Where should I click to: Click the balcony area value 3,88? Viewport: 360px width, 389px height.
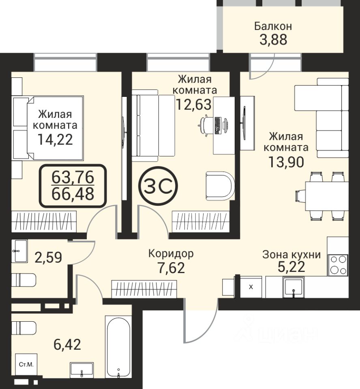(x=273, y=39)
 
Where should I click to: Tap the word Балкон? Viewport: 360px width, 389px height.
(x=273, y=26)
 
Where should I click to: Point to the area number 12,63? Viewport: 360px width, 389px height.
(x=194, y=104)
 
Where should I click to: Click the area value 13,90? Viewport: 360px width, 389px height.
(x=286, y=162)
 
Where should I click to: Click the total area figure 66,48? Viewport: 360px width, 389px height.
(x=73, y=194)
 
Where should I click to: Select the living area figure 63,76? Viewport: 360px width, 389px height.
(x=73, y=177)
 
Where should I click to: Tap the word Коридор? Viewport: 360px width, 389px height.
(x=171, y=254)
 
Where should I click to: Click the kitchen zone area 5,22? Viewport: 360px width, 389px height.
(x=291, y=267)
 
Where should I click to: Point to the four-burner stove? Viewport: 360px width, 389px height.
(x=338, y=265)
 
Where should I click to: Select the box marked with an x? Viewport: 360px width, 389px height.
(x=251, y=287)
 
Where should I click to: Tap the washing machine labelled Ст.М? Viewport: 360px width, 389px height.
(x=26, y=364)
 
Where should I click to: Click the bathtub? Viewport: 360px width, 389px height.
(x=118, y=350)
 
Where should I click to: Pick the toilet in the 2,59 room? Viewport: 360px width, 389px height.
(x=24, y=280)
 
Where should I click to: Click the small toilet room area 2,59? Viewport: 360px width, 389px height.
(x=48, y=257)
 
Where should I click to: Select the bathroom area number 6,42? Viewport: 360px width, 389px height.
(x=67, y=344)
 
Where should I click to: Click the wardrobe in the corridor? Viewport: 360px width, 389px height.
(x=144, y=289)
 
